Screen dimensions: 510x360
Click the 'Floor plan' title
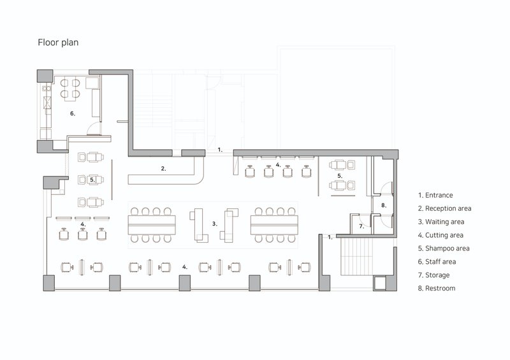point(58,42)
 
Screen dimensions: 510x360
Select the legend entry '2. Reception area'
point(444,208)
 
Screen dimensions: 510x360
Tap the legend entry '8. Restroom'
point(437,288)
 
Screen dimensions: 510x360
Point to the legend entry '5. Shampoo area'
point(444,248)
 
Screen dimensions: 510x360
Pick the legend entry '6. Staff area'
point(437,262)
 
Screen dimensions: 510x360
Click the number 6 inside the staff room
point(73,113)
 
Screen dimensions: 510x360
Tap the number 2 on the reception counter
point(163,168)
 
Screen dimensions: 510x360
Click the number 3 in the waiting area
point(214,224)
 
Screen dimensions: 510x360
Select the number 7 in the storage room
point(361,226)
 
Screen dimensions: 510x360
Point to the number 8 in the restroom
point(384,205)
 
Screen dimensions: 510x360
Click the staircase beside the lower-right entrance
point(356,257)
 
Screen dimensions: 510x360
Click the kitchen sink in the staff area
point(47,102)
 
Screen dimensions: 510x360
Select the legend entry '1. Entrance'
point(435,195)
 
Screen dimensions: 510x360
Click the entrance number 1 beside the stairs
point(330,238)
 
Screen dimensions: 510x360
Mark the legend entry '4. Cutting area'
point(441,235)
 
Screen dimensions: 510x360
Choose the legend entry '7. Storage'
point(433,275)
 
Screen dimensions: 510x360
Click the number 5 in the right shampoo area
point(340,176)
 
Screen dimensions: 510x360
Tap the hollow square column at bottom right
point(379,284)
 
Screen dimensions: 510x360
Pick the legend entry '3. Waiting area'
point(441,222)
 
